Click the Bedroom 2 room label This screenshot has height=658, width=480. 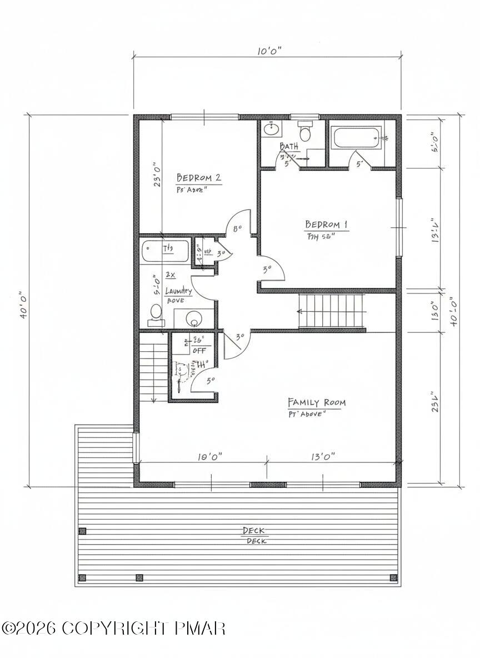199,178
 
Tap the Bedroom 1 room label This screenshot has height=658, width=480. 326,225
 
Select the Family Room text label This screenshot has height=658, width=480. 316,402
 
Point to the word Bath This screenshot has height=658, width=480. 289,146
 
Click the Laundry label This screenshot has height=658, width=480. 178,291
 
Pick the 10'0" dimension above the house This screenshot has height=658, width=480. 269,51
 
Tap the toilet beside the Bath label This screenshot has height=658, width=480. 304,133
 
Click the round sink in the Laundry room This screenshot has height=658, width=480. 194,320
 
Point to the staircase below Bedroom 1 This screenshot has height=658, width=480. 332,311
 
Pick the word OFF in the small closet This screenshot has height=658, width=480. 199,350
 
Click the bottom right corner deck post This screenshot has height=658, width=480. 393,577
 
